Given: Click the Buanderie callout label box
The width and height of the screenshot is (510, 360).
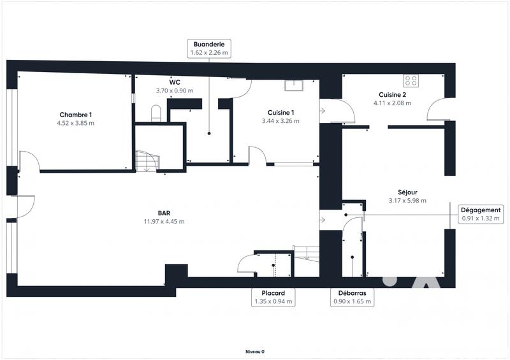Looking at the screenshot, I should click(x=208, y=49).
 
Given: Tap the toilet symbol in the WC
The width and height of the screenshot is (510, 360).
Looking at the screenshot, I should click(x=155, y=113).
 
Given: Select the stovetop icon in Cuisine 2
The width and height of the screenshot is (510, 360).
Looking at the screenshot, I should click(x=411, y=81).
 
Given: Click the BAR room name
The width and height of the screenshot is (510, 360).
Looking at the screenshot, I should click(x=164, y=213).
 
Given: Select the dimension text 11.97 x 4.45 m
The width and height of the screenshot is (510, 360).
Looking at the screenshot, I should click(x=164, y=222).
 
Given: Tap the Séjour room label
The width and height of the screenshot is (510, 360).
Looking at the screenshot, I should click(x=407, y=192).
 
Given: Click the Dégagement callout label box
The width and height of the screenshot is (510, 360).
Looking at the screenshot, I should click(x=481, y=213).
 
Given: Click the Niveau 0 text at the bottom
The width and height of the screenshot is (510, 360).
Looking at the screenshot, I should click(x=255, y=351).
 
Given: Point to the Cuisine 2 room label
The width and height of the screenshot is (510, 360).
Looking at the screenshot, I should click(x=392, y=94).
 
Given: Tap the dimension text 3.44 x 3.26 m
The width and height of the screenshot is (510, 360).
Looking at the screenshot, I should click(x=280, y=120).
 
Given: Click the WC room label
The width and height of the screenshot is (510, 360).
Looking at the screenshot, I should click(x=174, y=82).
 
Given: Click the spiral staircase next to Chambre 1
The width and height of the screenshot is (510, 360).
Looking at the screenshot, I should click(x=147, y=161).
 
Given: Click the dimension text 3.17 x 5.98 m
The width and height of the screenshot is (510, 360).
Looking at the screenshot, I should click(x=407, y=201).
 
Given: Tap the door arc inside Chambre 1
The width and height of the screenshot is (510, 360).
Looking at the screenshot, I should click(x=31, y=161).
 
